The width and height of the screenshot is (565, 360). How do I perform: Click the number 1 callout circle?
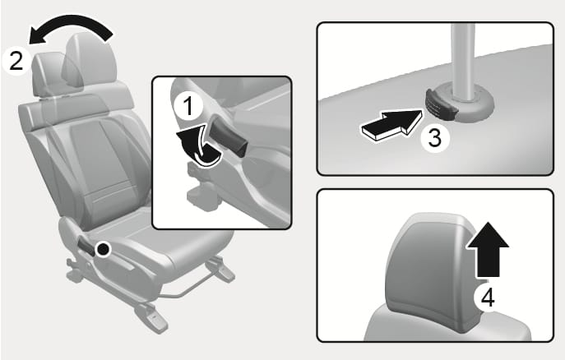(x=188, y=106)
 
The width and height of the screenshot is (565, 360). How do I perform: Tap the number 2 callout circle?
(x=16, y=61)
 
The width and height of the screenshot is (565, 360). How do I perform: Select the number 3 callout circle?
(x=435, y=138)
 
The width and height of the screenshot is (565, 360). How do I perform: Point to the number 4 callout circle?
(x=488, y=298)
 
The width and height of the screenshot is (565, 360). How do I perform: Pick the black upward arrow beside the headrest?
(x=488, y=250)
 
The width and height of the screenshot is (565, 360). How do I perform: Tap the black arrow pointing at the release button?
(x=391, y=125)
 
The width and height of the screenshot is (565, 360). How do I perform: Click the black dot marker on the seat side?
(x=104, y=249)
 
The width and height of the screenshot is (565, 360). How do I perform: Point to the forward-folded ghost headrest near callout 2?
(x=49, y=74)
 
